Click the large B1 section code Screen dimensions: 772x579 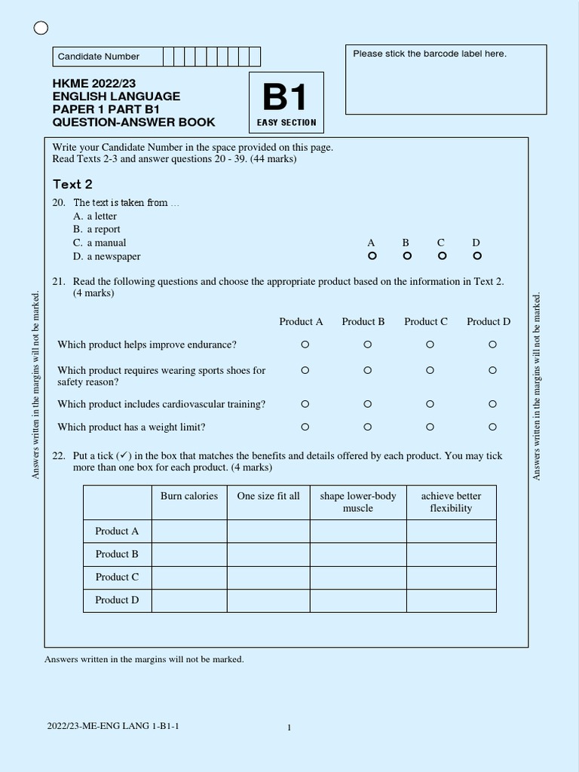[286, 99]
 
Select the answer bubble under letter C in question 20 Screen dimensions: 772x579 [442, 256]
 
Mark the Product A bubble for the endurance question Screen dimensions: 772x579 [305, 345]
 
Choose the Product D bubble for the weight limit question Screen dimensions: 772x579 [492, 427]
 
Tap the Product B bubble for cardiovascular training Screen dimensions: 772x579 [367, 404]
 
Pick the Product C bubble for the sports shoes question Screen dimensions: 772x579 [430, 370]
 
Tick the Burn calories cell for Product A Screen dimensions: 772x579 [189, 531]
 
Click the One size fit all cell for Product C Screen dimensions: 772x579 [268, 577]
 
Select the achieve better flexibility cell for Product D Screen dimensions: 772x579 [451, 600]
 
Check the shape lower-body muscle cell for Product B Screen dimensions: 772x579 [358, 554]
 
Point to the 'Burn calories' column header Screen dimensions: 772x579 [189, 496]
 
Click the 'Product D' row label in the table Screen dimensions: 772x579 [117, 600]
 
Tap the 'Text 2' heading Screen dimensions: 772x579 [72, 184]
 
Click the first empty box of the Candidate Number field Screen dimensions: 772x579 [168, 57]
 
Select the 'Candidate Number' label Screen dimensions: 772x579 [99, 57]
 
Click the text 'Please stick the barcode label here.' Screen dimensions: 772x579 [430, 54]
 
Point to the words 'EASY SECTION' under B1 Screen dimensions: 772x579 [286, 122]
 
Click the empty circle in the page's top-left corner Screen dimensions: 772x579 [41, 29]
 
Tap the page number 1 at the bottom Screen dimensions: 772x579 [289, 728]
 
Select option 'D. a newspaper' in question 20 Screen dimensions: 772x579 [107, 256]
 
